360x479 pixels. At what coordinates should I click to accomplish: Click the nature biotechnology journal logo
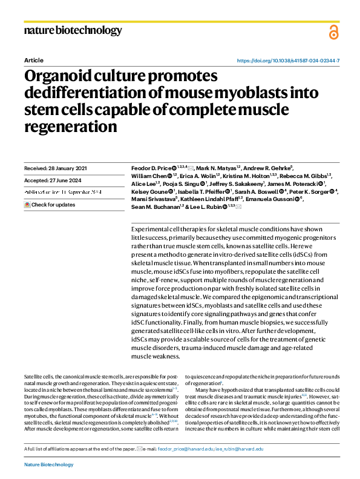[x=73, y=31]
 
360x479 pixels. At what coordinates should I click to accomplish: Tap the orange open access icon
[x=333, y=33]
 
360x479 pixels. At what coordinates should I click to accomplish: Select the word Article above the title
[x=33, y=61]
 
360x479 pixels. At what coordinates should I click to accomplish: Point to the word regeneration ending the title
[x=70, y=128]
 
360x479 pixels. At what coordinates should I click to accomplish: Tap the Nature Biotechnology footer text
[x=48, y=464]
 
